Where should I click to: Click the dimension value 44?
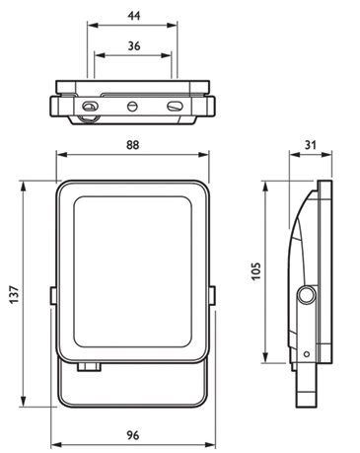coord(134,16)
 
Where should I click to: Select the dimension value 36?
coord(134,46)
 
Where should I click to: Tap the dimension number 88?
coord(132,145)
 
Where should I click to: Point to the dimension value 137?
coord(14,294)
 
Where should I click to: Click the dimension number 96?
coord(133,435)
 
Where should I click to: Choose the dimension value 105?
coord(255,271)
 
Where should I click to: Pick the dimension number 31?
coord(311,145)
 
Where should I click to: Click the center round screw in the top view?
coord(132,107)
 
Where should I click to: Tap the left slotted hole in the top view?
coord(90,106)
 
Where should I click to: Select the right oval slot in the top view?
coord(175,106)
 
